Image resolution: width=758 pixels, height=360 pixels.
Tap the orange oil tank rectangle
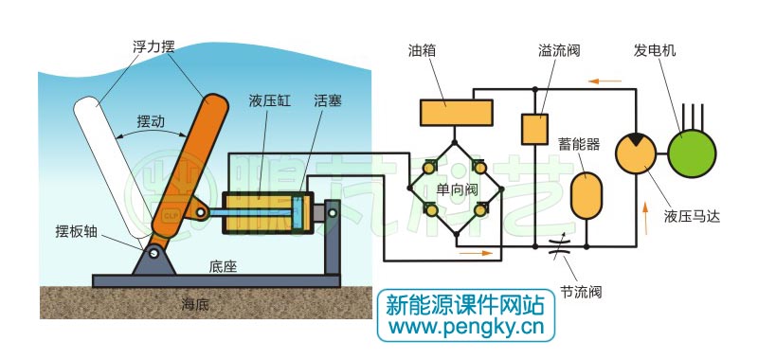[456, 113]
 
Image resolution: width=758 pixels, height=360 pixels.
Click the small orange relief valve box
[535, 128]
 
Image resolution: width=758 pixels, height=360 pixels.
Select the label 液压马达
[693, 215]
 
